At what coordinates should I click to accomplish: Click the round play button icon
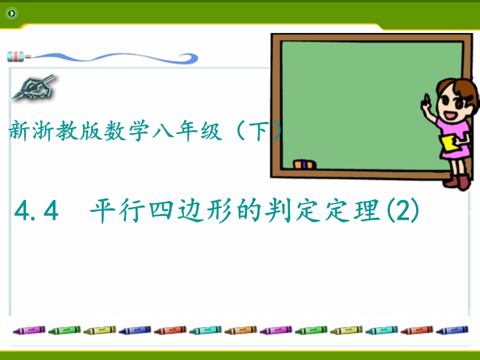11,13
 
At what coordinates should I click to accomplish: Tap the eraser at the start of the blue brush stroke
15,56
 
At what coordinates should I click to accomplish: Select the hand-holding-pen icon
33,88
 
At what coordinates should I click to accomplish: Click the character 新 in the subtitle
19,130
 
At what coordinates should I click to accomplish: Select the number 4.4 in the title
36,210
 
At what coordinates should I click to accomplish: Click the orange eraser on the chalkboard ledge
304,164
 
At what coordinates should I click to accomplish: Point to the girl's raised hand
426,102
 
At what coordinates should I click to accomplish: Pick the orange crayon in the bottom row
240,330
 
